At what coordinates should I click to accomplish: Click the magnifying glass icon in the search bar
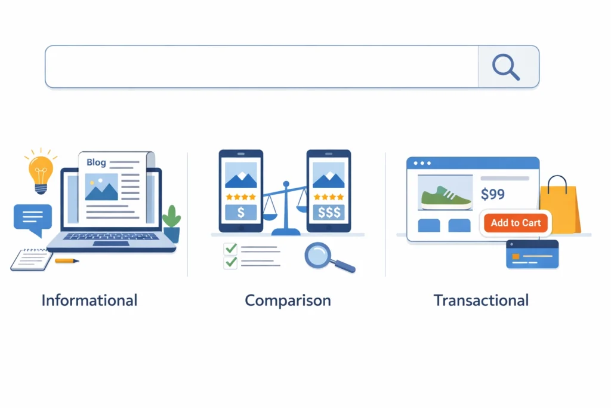[x=506, y=67]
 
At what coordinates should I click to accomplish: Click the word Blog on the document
[x=96, y=162]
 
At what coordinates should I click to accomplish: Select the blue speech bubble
[x=33, y=218]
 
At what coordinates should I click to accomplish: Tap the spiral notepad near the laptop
[x=32, y=259]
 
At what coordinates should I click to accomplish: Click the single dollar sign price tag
[x=240, y=213]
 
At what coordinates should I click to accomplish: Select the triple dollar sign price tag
[x=328, y=213]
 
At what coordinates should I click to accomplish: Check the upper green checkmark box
[x=230, y=249]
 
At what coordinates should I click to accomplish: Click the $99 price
[x=492, y=194]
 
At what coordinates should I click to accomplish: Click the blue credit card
[x=532, y=254]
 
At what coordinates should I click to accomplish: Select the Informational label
[x=90, y=300]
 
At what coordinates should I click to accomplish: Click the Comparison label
[x=288, y=300]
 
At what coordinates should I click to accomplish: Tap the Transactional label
[x=481, y=300]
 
